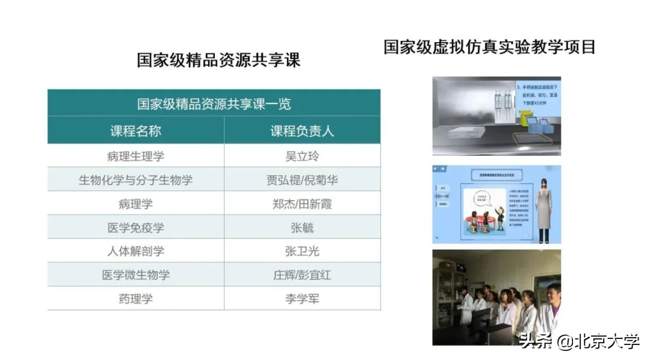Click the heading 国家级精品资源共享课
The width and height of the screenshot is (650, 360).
[218, 60]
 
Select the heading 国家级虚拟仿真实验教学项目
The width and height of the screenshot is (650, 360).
[490, 47]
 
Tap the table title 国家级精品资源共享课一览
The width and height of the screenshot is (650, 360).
[214, 104]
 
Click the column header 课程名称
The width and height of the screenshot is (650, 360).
[135, 131]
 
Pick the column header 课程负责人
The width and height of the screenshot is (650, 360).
[302, 131]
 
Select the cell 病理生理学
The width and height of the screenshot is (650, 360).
[135, 156]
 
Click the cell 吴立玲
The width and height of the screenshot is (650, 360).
[302, 156]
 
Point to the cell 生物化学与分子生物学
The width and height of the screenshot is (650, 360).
[135, 180]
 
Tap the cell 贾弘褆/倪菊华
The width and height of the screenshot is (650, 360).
[302, 180]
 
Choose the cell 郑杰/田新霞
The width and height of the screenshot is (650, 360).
[302, 203]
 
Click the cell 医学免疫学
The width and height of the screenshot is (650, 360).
[135, 228]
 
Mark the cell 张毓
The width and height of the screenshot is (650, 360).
[302, 228]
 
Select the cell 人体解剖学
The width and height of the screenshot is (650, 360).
[135, 251]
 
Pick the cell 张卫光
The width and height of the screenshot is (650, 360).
[302, 251]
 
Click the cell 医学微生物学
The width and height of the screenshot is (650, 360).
[135, 275]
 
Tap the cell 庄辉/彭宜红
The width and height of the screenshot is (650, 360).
[302, 275]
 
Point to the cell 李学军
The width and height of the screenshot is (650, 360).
[302, 299]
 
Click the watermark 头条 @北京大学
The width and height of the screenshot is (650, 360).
[580, 341]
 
